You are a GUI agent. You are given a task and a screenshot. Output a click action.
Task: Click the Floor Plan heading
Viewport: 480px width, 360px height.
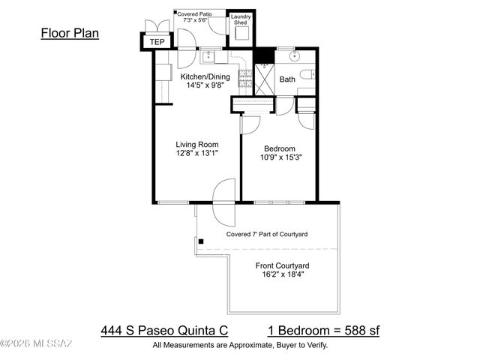[x=69, y=33]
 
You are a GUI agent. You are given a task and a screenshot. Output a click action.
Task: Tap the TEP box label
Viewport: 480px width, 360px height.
[x=157, y=42]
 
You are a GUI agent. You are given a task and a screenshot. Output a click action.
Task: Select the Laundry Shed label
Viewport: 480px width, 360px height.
[x=241, y=19]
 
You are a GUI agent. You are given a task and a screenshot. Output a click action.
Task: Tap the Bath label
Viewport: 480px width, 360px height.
[x=288, y=79]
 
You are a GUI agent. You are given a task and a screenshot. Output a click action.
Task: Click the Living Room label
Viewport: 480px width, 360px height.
[x=196, y=145]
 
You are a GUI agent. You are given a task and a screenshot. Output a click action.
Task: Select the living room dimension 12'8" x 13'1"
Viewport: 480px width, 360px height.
[x=196, y=154]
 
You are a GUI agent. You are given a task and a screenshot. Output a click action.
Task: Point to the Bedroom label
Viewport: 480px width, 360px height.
[x=279, y=148]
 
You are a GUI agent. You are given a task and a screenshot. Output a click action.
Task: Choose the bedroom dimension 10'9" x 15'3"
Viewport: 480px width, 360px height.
[x=279, y=158]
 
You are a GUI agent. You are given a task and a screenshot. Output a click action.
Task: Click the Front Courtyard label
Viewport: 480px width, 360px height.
[x=283, y=265]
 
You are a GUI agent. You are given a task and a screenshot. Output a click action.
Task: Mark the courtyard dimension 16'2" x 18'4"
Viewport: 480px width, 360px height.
[x=283, y=275]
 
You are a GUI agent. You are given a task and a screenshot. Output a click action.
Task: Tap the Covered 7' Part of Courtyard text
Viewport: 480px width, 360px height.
[x=267, y=235]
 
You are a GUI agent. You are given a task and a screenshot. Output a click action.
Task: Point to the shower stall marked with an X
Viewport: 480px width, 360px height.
[x=265, y=77]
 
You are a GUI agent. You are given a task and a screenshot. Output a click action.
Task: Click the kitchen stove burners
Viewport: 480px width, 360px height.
[x=244, y=76]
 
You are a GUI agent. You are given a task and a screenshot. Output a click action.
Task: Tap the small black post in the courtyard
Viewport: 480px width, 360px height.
[x=201, y=241]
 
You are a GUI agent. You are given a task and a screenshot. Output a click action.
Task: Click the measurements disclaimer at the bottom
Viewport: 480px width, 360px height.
[x=240, y=345]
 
